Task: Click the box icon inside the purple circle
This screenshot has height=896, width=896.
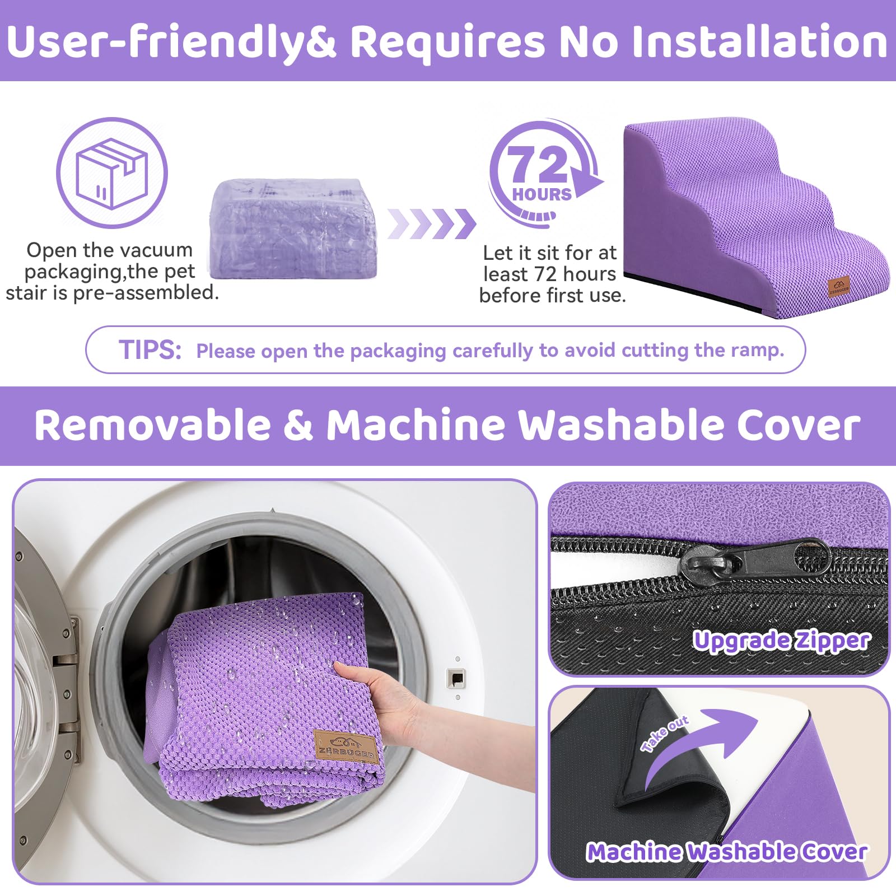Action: point(112,172)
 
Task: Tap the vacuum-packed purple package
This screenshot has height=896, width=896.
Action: point(293,228)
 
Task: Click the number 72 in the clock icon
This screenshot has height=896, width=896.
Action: point(536,164)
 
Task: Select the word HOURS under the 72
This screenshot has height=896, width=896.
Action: point(542,194)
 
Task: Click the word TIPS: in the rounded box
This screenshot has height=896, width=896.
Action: point(150,350)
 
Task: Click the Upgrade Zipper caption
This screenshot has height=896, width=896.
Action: point(781,641)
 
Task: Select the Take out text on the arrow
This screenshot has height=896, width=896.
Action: point(665,733)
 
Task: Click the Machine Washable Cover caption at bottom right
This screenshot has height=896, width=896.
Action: point(726,852)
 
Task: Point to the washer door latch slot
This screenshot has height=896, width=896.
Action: point(457,678)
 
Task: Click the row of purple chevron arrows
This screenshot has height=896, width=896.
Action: point(431,223)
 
